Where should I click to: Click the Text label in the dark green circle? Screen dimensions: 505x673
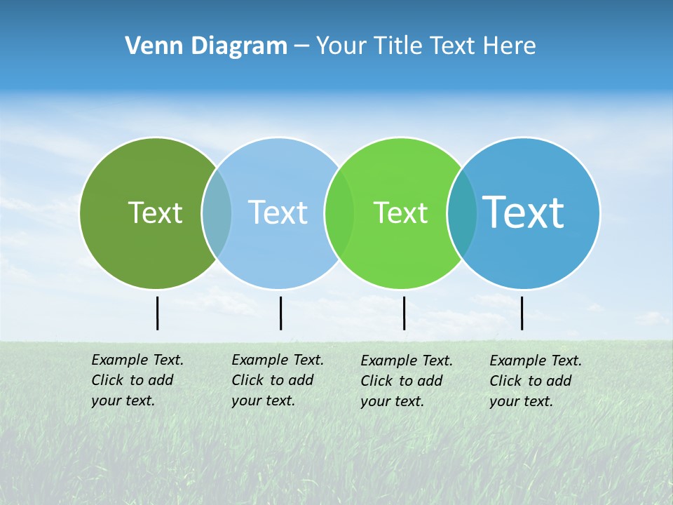tap(155, 213)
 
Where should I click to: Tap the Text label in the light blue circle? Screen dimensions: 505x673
tap(278, 213)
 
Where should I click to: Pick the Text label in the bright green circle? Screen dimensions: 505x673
tap(400, 213)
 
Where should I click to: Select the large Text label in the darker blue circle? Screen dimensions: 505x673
tap(524, 212)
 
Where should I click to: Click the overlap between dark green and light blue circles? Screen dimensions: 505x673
tap(217, 213)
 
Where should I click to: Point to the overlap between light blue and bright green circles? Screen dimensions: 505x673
tap(339, 213)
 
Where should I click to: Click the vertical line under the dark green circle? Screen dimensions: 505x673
tap(157, 313)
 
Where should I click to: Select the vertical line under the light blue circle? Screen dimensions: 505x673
tap(280, 313)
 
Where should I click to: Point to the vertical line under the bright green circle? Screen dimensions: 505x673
tap(404, 313)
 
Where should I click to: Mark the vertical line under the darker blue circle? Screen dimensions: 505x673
tap(522, 313)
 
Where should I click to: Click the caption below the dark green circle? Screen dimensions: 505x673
tap(137, 380)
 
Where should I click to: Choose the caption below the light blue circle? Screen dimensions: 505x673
tap(278, 380)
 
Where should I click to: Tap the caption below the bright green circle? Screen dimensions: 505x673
tap(407, 381)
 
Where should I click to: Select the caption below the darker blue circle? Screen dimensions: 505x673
tap(536, 381)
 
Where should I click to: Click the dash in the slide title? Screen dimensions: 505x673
tap(301, 46)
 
